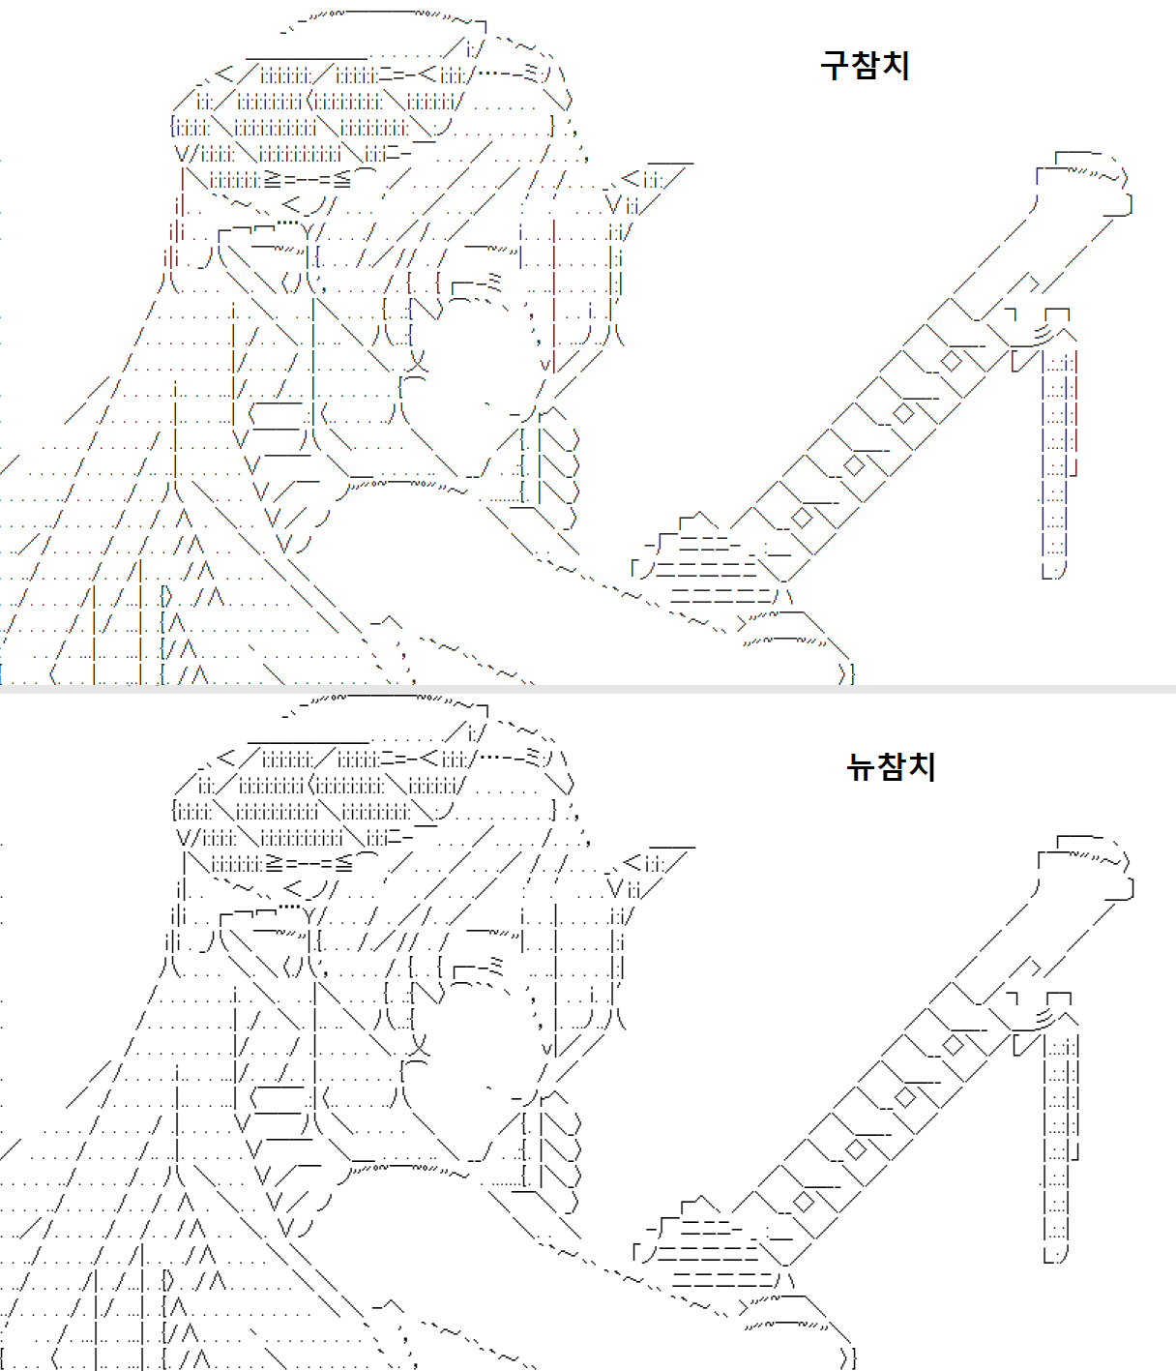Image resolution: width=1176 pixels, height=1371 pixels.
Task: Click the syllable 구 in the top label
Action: click(x=836, y=66)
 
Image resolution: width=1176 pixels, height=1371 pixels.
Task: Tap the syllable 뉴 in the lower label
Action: click(x=861, y=766)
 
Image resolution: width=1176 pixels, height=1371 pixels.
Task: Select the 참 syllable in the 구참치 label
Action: click(x=866, y=66)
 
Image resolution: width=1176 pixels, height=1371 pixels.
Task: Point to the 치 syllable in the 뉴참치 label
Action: click(x=922, y=766)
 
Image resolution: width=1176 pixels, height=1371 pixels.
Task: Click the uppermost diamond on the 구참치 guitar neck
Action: click(x=952, y=362)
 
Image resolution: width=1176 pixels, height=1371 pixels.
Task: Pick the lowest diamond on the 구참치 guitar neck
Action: click(x=802, y=518)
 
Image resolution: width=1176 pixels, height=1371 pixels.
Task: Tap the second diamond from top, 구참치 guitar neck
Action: click(x=903, y=413)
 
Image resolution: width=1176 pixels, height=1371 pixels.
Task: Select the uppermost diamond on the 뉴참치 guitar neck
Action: click(x=954, y=1045)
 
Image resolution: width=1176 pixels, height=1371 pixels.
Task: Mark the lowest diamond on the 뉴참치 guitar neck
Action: click(x=804, y=1202)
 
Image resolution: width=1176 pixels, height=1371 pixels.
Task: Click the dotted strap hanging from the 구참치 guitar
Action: click(x=1057, y=464)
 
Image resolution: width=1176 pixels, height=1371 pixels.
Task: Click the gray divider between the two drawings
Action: click(x=588, y=689)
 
